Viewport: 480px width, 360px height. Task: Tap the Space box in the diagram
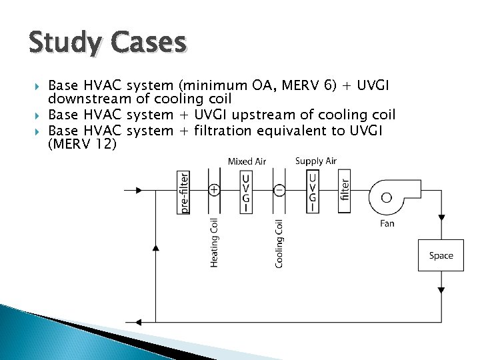[441, 255]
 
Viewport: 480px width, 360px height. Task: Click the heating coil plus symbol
[214, 190]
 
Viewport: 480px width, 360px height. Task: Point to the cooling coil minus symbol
[279, 190]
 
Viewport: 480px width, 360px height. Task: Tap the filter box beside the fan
[345, 192]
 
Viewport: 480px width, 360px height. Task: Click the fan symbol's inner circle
[387, 197]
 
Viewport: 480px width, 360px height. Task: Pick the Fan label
[387, 224]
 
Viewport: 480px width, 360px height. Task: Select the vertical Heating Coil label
[214, 243]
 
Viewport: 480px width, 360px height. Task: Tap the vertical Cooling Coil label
[279, 243]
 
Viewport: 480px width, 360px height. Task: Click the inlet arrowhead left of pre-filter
[138, 190]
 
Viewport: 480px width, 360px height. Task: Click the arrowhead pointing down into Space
[441, 219]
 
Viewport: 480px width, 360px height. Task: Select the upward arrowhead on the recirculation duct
[156, 247]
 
